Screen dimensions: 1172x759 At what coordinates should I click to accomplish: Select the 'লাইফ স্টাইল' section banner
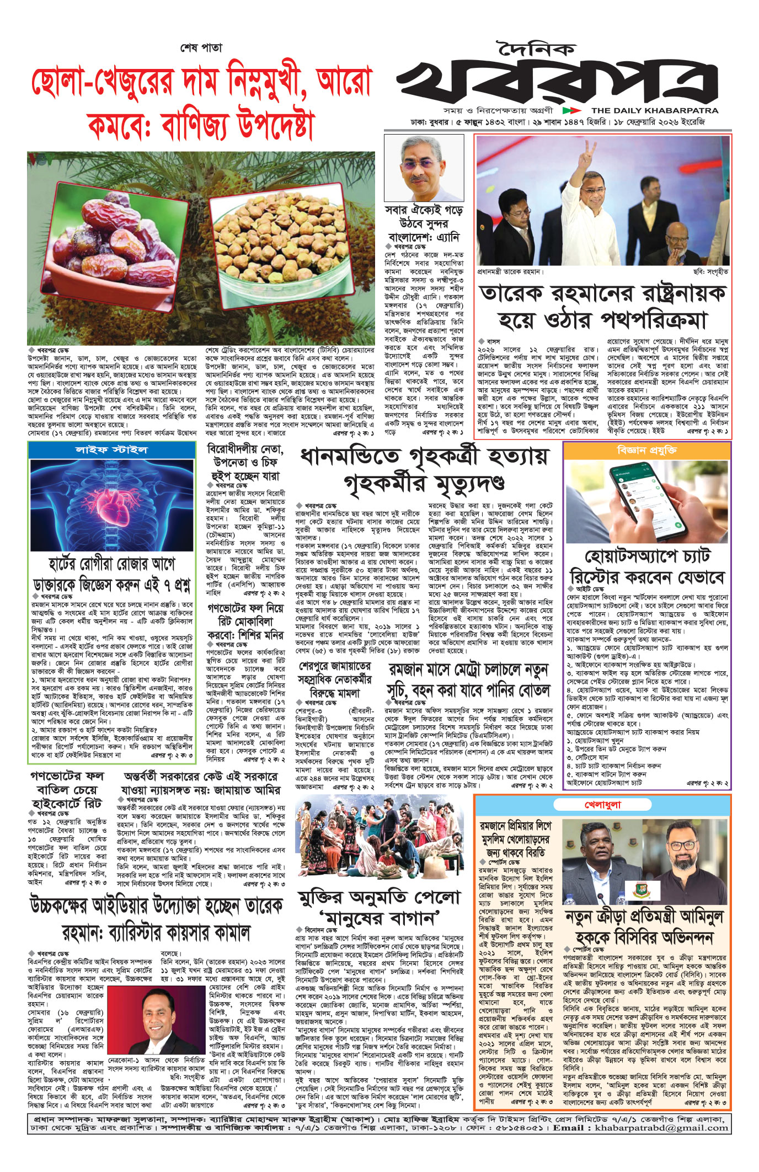point(111,449)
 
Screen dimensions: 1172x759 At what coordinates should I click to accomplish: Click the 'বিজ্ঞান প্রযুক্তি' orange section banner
point(647,450)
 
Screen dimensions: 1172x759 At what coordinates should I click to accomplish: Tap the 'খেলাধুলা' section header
point(602,805)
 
